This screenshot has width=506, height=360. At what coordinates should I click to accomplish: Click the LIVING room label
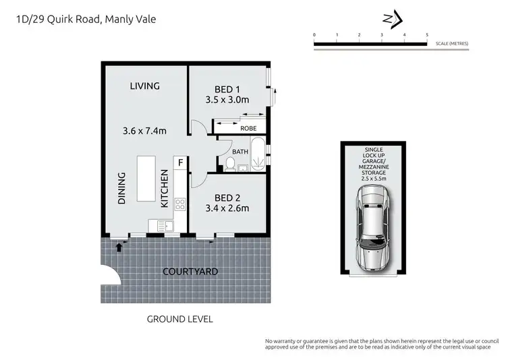pos(145,86)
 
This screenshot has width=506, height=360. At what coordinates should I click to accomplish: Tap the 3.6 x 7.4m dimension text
pos(145,131)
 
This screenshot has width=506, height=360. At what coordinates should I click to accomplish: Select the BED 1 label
pos(227,90)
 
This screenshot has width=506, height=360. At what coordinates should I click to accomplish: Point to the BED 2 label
pos(227,197)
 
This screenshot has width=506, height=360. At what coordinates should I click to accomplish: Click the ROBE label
pos(248,127)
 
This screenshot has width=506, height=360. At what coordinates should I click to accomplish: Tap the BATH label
pos(240,152)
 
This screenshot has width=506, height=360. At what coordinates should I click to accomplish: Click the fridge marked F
pos(180,162)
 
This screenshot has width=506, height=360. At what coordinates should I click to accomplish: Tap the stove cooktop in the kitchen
pos(180,204)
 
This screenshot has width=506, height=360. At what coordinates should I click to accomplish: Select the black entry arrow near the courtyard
pos(119,247)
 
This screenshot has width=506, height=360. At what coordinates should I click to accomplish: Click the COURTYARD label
pos(190,272)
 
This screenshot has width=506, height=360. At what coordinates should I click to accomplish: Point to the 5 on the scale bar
pos(426,34)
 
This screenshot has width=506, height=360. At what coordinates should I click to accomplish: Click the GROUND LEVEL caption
pos(179,319)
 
